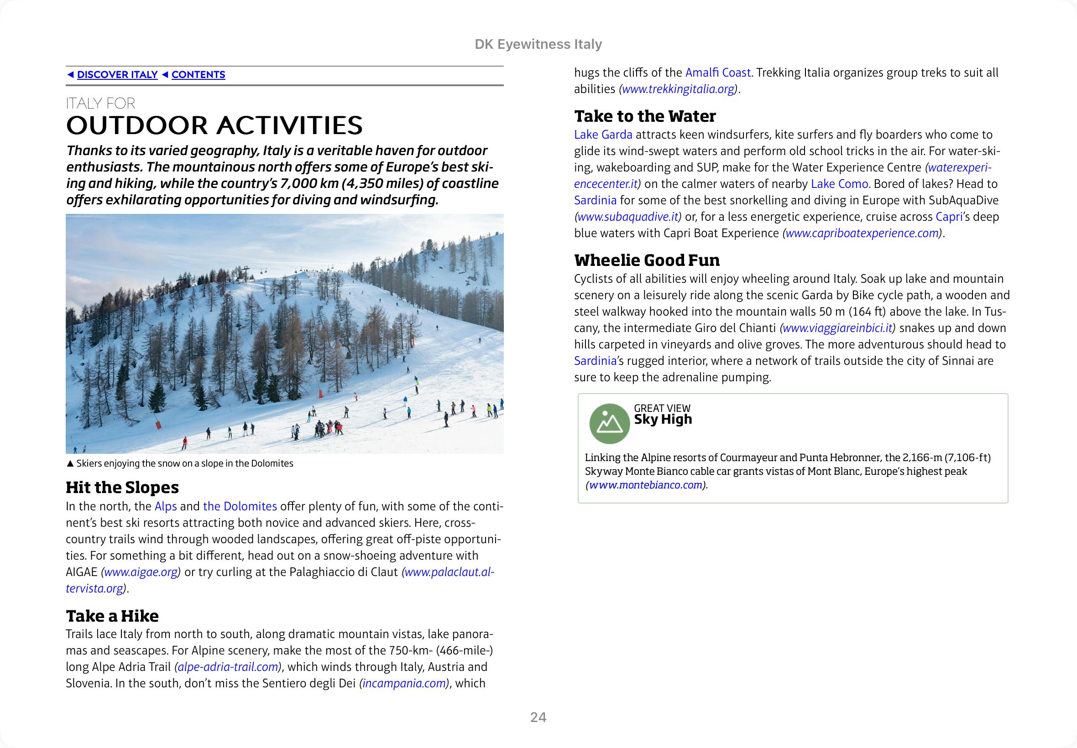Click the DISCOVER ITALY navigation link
click(x=117, y=74)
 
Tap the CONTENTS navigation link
click(x=198, y=74)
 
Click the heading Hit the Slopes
click(x=122, y=488)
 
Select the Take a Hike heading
click(x=112, y=616)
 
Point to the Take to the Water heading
click(x=645, y=116)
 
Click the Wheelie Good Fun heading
click(x=647, y=260)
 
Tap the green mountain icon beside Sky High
click(x=609, y=424)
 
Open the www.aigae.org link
click(x=141, y=572)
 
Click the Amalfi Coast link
click(x=718, y=73)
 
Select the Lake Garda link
click(x=603, y=135)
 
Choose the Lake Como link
click(x=839, y=184)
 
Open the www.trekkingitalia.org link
click(x=678, y=89)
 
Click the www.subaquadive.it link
click(x=628, y=217)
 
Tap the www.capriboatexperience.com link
click(x=862, y=234)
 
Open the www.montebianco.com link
click(x=646, y=485)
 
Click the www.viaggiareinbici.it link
click(x=837, y=328)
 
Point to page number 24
click(x=538, y=717)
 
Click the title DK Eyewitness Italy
click(x=538, y=44)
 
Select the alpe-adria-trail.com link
click(x=228, y=667)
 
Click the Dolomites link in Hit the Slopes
click(x=240, y=507)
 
